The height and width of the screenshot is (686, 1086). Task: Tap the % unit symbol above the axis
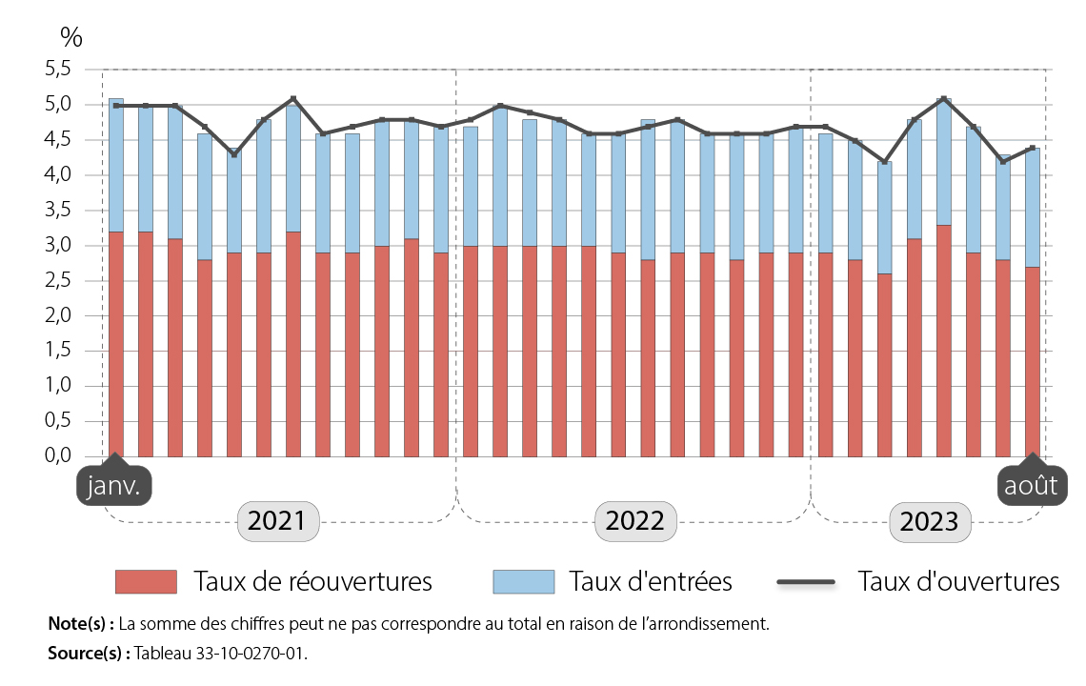click(x=71, y=38)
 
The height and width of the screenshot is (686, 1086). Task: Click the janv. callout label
click(x=113, y=487)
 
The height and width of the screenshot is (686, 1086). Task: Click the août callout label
click(x=1032, y=487)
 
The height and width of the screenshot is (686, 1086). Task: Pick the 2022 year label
click(x=634, y=522)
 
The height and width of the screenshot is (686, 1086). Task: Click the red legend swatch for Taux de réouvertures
click(x=146, y=581)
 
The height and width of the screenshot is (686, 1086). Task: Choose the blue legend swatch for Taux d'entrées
click(x=523, y=581)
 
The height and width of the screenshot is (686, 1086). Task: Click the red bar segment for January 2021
click(x=116, y=344)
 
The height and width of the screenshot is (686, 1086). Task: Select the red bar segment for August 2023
click(x=1033, y=362)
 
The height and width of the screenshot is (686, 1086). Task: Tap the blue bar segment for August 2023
click(x=1033, y=208)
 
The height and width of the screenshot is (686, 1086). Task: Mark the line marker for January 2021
click(x=116, y=105)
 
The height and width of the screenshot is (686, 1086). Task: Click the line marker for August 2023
click(x=1033, y=148)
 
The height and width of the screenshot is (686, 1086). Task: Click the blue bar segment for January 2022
click(x=471, y=187)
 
